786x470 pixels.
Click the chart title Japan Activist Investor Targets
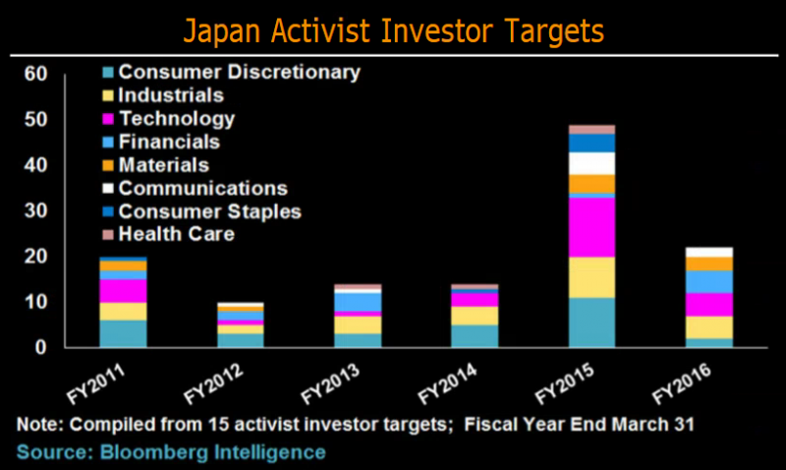pyautogui.click(x=394, y=31)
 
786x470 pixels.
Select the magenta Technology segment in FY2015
pyautogui.click(x=592, y=227)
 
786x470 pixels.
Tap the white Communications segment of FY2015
pyautogui.click(x=592, y=163)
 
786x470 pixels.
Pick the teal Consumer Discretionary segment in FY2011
pyautogui.click(x=124, y=333)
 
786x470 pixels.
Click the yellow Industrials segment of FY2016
pyautogui.click(x=709, y=327)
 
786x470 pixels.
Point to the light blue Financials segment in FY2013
pyautogui.click(x=358, y=303)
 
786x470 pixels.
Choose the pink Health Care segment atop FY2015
pyautogui.click(x=592, y=130)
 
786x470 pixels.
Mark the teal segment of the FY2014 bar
pyautogui.click(x=475, y=336)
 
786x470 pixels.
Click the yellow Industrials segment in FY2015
pyautogui.click(x=592, y=277)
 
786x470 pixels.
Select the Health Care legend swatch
pyautogui.click(x=108, y=234)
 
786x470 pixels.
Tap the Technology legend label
pyautogui.click(x=177, y=119)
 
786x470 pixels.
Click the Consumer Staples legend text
pyautogui.click(x=209, y=211)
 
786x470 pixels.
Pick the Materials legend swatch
pyautogui.click(x=108, y=165)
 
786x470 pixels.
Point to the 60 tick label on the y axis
pyautogui.click(x=35, y=74)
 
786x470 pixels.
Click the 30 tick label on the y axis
pyautogui.click(x=35, y=210)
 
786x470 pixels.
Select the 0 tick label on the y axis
pyautogui.click(x=40, y=347)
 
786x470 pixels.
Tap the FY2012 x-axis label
pyautogui.click(x=213, y=383)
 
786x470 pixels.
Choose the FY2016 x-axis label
pyautogui.click(x=682, y=383)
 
